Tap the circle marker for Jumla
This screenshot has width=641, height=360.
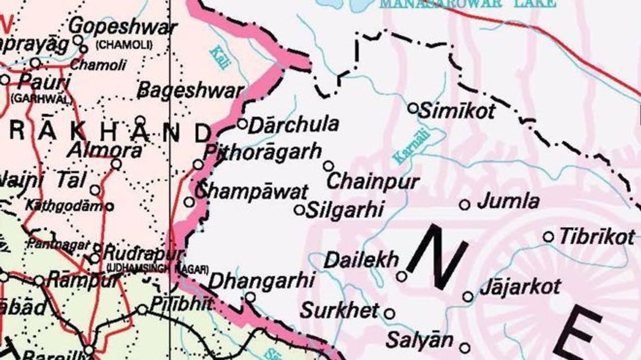465,205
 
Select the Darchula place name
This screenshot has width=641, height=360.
293,125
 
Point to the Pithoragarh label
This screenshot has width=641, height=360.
262,151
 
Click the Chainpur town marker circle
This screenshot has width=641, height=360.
328,166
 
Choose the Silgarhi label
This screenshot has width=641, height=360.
345,210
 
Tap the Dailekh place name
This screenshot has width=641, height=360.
361,260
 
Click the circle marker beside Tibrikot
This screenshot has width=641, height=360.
548,237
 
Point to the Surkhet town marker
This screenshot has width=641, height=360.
390,314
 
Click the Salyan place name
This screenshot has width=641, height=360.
420,340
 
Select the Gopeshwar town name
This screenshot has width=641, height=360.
123,27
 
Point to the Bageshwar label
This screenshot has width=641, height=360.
190,91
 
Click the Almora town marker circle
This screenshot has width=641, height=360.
116,164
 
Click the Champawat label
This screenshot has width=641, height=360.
252,191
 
